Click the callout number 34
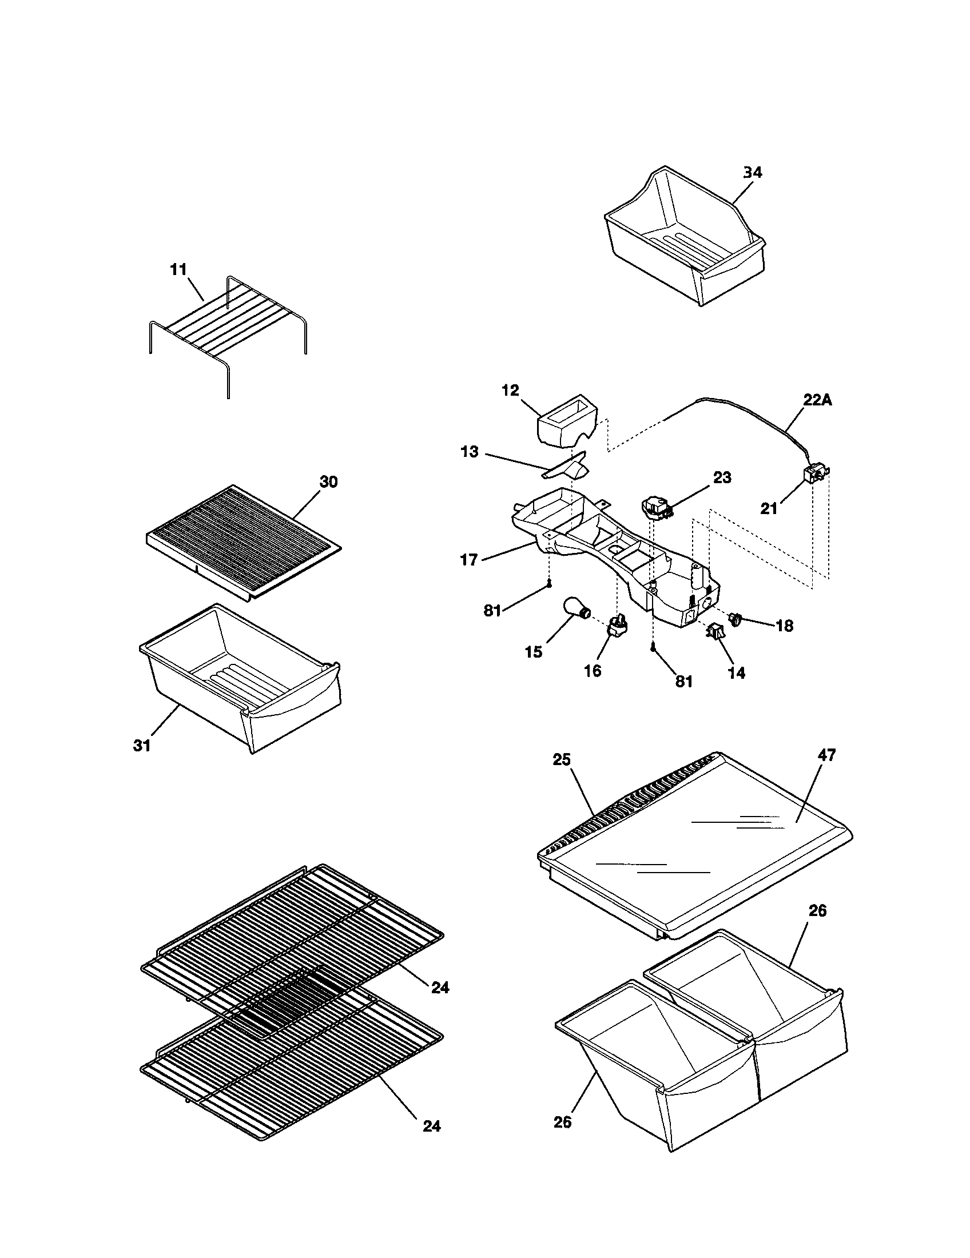point(752,173)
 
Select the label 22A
point(817,400)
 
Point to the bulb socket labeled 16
point(618,627)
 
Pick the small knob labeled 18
point(735,620)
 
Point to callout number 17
point(469,559)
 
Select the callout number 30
point(328,482)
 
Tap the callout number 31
point(142,745)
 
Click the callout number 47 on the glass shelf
point(826,755)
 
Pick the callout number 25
point(562,759)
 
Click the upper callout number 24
point(440,988)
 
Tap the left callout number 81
point(492,611)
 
